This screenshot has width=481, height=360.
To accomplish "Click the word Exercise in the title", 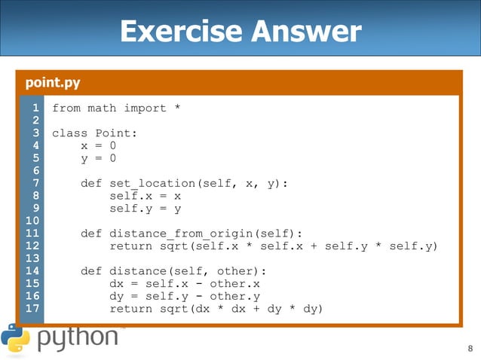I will click(x=179, y=32).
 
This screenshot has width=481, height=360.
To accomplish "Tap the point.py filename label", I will click(x=53, y=82).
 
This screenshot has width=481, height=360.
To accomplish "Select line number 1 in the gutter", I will click(x=35, y=108).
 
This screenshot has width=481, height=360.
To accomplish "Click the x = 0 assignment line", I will click(x=98, y=146).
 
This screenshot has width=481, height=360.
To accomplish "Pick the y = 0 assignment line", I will click(x=98, y=159).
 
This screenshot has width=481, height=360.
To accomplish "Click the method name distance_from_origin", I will click(x=179, y=233).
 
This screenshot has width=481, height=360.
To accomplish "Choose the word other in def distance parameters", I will click(x=244, y=271).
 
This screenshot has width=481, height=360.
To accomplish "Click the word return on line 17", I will click(x=131, y=309).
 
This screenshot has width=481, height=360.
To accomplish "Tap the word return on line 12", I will click(x=131, y=246).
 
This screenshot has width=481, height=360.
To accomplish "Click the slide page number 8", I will click(x=470, y=348).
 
